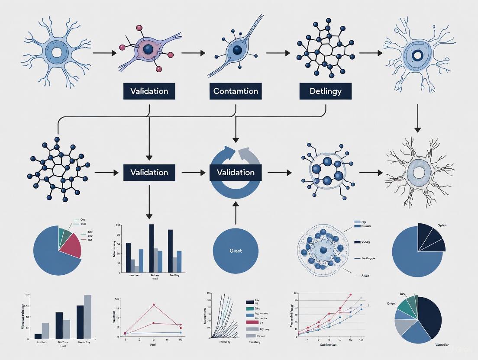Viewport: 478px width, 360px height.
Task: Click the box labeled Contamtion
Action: click(236, 91)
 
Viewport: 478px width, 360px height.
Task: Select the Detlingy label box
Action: click(325, 91)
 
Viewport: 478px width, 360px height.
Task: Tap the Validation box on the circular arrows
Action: click(236, 172)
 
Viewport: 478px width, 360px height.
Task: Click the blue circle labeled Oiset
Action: click(236, 251)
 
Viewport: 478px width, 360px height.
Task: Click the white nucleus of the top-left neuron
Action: click(57, 53)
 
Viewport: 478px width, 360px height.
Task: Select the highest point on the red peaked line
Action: click(153, 305)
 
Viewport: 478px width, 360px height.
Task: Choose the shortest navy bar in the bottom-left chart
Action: click(38, 336)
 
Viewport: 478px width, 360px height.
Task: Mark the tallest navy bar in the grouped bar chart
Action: click(152, 248)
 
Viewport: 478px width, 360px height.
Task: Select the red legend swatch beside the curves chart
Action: click(250, 322)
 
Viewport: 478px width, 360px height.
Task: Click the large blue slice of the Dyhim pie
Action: click(413, 260)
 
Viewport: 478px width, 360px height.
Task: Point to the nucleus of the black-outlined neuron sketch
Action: click(419, 173)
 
